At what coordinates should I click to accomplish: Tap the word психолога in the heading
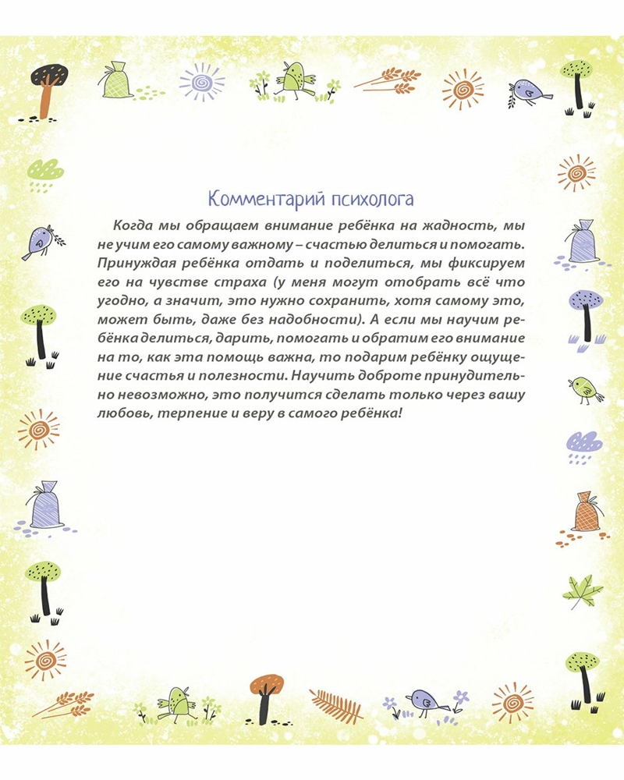click(368, 198)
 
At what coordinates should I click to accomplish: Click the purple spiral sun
click(201, 82)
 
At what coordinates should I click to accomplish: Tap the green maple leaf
click(583, 591)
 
